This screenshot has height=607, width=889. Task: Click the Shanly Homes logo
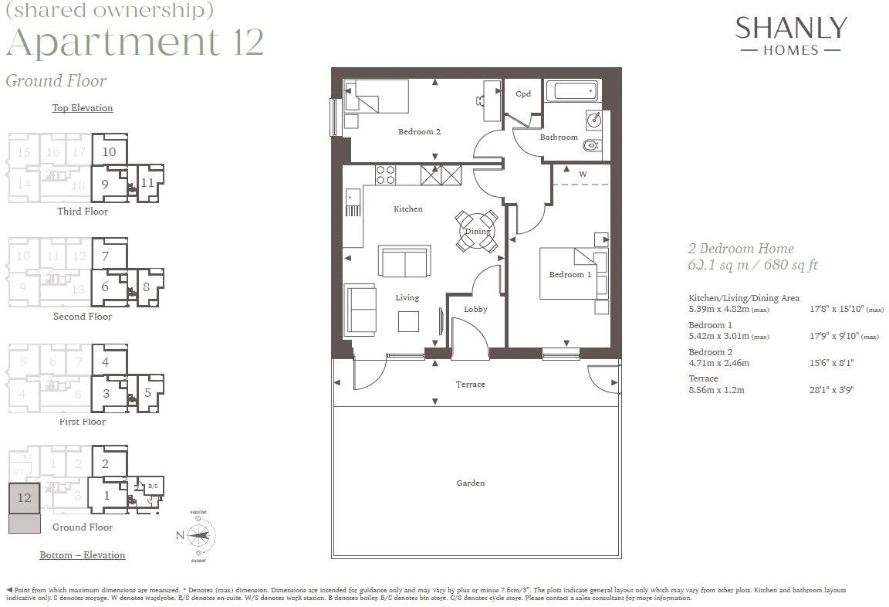click(x=790, y=36)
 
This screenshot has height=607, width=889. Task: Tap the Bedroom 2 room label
click(x=419, y=132)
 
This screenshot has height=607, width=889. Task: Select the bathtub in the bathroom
click(x=571, y=92)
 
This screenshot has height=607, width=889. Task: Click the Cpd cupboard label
click(x=523, y=94)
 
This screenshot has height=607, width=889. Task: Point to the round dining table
click(x=476, y=231)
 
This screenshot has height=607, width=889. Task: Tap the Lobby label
click(x=475, y=310)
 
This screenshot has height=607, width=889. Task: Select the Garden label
click(x=470, y=483)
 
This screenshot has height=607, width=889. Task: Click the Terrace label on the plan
click(x=470, y=385)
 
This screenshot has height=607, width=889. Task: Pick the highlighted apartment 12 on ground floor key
click(x=24, y=497)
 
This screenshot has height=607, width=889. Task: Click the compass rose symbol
click(x=199, y=535)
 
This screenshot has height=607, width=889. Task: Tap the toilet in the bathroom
click(x=592, y=144)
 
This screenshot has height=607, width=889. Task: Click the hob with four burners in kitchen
click(x=385, y=175)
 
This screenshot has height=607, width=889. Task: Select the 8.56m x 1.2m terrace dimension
click(x=716, y=390)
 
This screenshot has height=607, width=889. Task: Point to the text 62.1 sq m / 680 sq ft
click(x=752, y=265)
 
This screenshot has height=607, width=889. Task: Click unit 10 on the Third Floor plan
click(x=109, y=151)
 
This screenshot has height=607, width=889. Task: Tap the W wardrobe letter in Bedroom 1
click(x=583, y=175)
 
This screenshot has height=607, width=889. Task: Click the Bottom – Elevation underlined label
click(x=82, y=554)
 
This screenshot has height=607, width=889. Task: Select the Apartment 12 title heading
click(x=135, y=42)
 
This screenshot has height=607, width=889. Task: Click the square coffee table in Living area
click(x=408, y=320)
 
